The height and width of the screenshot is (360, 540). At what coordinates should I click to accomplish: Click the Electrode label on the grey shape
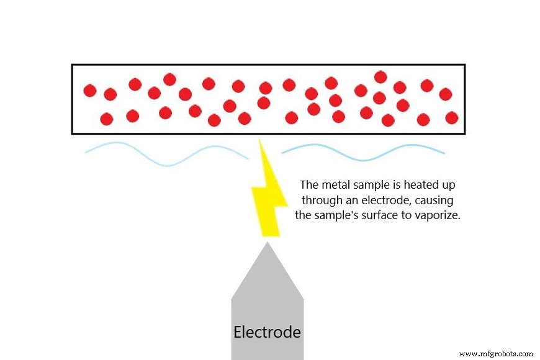coord(267,332)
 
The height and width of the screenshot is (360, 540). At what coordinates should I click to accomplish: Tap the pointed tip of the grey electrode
coord(268,244)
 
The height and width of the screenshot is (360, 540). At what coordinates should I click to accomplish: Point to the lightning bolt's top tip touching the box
coord(259,139)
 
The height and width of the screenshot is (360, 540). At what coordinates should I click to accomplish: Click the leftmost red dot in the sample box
coord(90,91)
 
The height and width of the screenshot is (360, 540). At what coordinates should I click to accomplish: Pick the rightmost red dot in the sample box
coord(452,117)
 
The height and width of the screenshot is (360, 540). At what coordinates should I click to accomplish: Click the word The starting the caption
coord(308,185)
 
